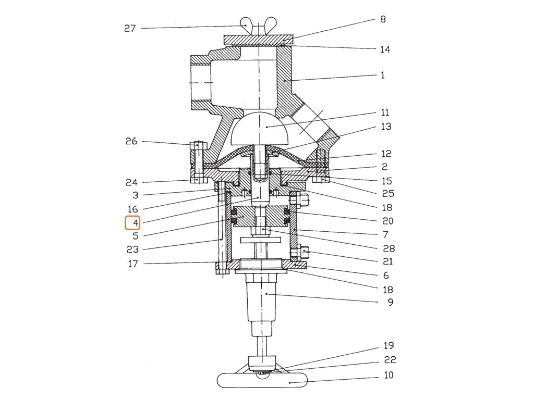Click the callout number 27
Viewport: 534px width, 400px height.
[x=130, y=28]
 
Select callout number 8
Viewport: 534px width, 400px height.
[x=383, y=19]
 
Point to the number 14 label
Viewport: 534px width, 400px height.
[x=385, y=49]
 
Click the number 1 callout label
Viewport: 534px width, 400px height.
[x=383, y=75]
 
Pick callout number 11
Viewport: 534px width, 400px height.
[x=385, y=113]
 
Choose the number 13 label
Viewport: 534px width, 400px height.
[x=386, y=127]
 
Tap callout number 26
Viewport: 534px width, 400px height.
[x=131, y=141]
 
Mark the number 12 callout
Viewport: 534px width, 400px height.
[x=386, y=154]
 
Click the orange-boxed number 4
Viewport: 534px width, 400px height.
[x=133, y=223]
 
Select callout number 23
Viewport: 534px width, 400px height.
[x=133, y=249]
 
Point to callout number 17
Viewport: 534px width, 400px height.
[x=133, y=264]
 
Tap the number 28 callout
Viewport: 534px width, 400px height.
[x=389, y=248]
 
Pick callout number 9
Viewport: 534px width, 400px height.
[x=390, y=302]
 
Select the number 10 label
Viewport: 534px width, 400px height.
[x=389, y=375]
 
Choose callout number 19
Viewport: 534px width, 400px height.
[x=389, y=345]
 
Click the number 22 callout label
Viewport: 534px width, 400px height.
[x=390, y=360]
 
